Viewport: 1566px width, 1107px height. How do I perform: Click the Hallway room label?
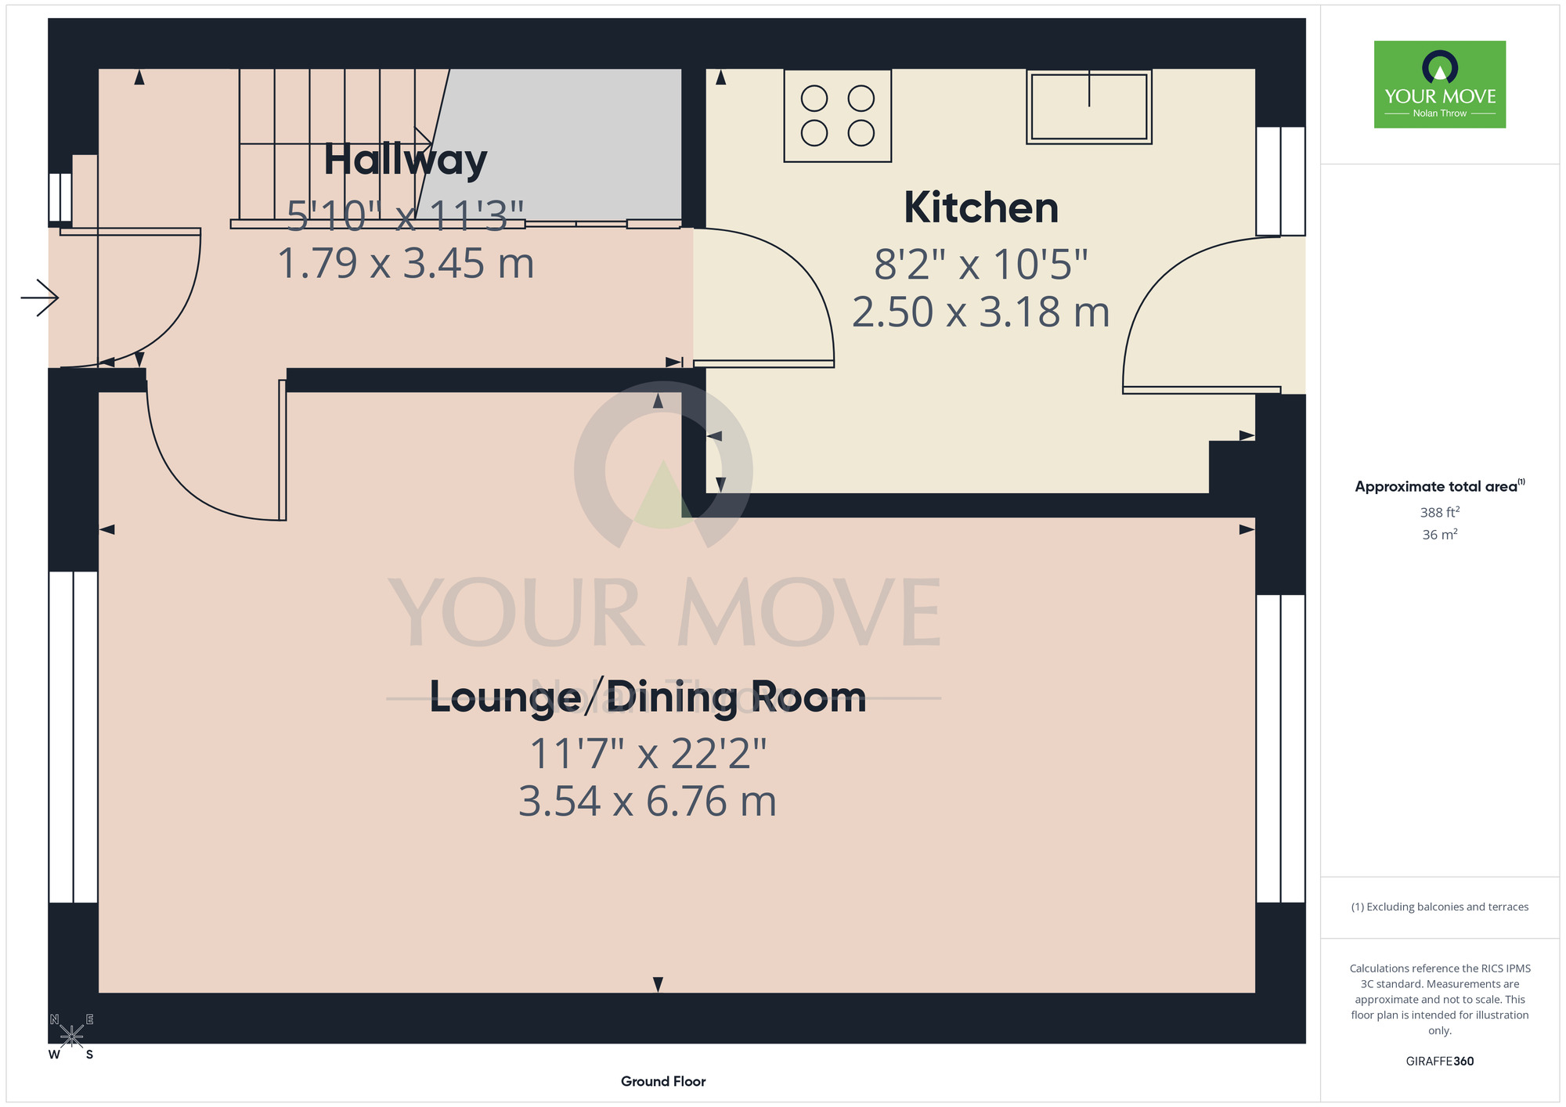pyautogui.click(x=406, y=160)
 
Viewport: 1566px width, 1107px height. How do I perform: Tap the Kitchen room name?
pyautogui.click(x=981, y=207)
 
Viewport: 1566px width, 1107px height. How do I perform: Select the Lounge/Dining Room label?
pyautogui.click(x=648, y=697)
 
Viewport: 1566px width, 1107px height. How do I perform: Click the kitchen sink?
pyautogui.click(x=1089, y=106)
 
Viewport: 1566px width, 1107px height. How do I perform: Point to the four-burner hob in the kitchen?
pyautogui.click(x=838, y=116)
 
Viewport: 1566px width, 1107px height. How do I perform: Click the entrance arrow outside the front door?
pyautogui.click(x=39, y=297)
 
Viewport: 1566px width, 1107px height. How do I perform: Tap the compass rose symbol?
pyautogui.click(x=71, y=1037)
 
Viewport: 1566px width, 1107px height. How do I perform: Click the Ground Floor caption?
pyautogui.click(x=663, y=1081)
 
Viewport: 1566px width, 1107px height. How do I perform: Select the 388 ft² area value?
pyautogui.click(x=1440, y=512)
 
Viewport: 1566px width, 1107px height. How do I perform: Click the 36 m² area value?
pyautogui.click(x=1440, y=535)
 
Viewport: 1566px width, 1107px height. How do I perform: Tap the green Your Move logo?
pyautogui.click(x=1440, y=85)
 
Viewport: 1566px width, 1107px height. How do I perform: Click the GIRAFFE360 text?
pyautogui.click(x=1440, y=1062)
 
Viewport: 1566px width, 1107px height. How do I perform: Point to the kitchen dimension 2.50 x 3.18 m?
pyautogui.click(x=981, y=312)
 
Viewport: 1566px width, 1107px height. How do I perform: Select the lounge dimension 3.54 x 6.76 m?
pyautogui.click(x=648, y=801)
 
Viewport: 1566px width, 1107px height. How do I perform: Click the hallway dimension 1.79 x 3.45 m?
pyautogui.click(x=406, y=263)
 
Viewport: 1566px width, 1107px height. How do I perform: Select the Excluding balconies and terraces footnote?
pyautogui.click(x=1440, y=907)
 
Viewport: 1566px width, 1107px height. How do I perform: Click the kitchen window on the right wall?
pyautogui.click(x=1281, y=181)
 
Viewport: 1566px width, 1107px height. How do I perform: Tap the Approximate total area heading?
pyautogui.click(x=1440, y=486)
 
